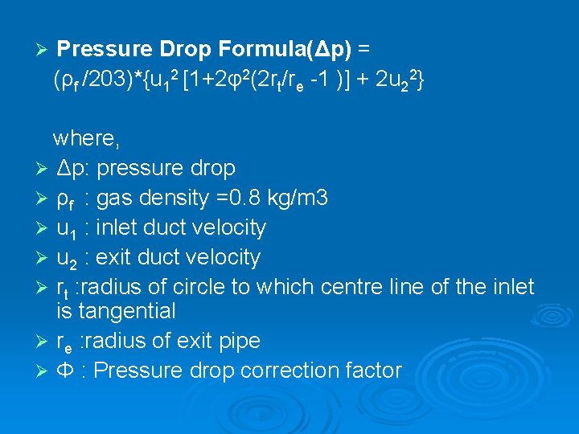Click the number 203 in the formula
coord(104,80)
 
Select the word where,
coord(86,138)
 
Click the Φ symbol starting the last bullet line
coord(64,371)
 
